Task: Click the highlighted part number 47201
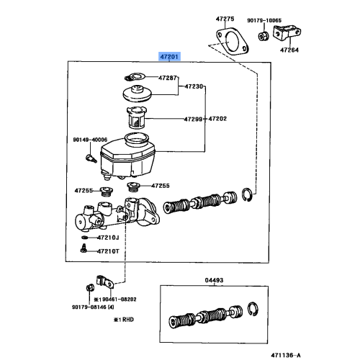tap(170, 55)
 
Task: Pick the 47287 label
tap(168, 76)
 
